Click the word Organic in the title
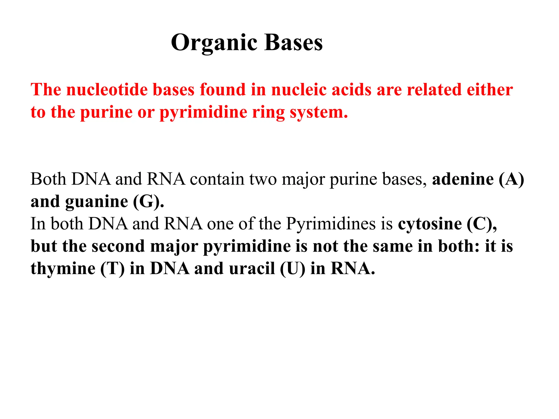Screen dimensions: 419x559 [x=214, y=43]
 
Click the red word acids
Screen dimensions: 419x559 [x=352, y=90]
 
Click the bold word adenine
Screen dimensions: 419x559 [x=463, y=179]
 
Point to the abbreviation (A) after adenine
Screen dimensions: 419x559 [x=511, y=179]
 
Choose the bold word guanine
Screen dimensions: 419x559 [x=97, y=202]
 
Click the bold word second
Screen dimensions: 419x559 [x=118, y=246]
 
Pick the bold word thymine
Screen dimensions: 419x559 [x=63, y=269]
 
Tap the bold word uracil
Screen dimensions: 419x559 [x=252, y=269]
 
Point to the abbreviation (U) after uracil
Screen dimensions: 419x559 [x=292, y=269]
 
